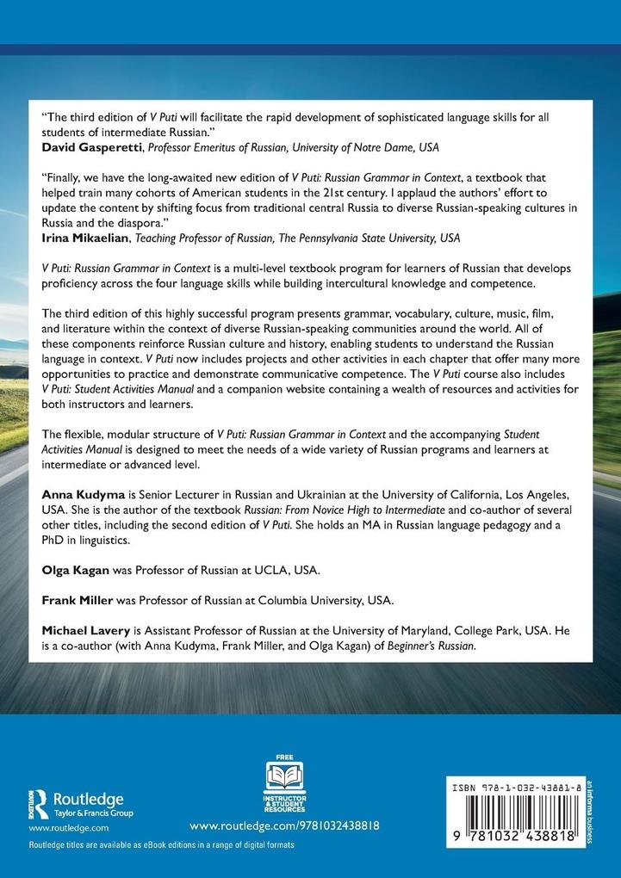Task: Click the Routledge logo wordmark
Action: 89,799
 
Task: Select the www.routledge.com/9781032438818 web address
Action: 283,825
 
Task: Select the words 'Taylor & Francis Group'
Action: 94,813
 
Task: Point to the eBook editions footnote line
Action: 162,846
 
